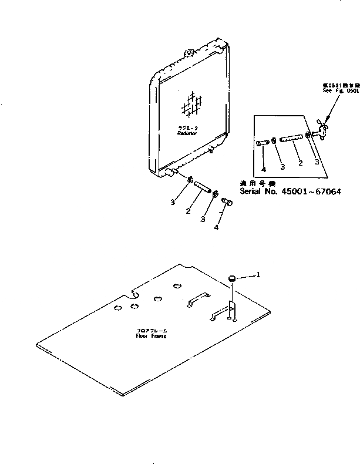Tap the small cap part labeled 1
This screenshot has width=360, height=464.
(x=233, y=277)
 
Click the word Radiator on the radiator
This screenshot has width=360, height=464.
(x=189, y=134)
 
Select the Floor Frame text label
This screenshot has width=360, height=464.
(x=151, y=336)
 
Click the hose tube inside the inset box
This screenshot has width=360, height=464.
(x=291, y=140)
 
